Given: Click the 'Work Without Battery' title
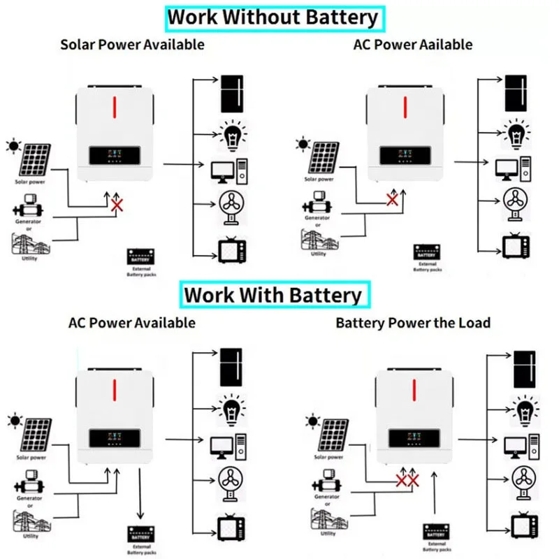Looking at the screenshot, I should tap(273, 17).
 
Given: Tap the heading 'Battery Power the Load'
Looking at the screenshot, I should tap(413, 323).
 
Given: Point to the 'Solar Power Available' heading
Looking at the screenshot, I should tap(132, 44).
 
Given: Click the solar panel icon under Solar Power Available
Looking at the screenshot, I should tap(35, 161).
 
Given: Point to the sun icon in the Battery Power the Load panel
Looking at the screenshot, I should tap(312, 421).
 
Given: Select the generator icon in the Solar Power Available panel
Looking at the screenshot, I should tap(29, 208).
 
